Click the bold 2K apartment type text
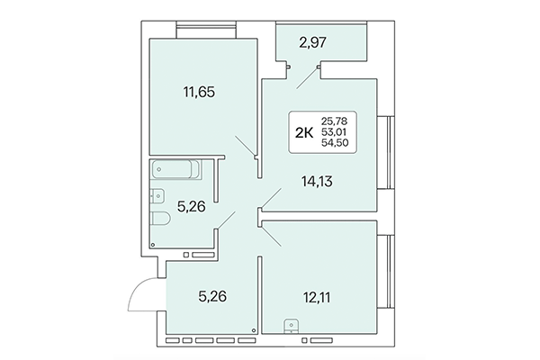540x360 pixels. tap(305, 132)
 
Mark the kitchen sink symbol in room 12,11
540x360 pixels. tap(291, 327)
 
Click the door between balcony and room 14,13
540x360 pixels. tap(303, 77)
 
